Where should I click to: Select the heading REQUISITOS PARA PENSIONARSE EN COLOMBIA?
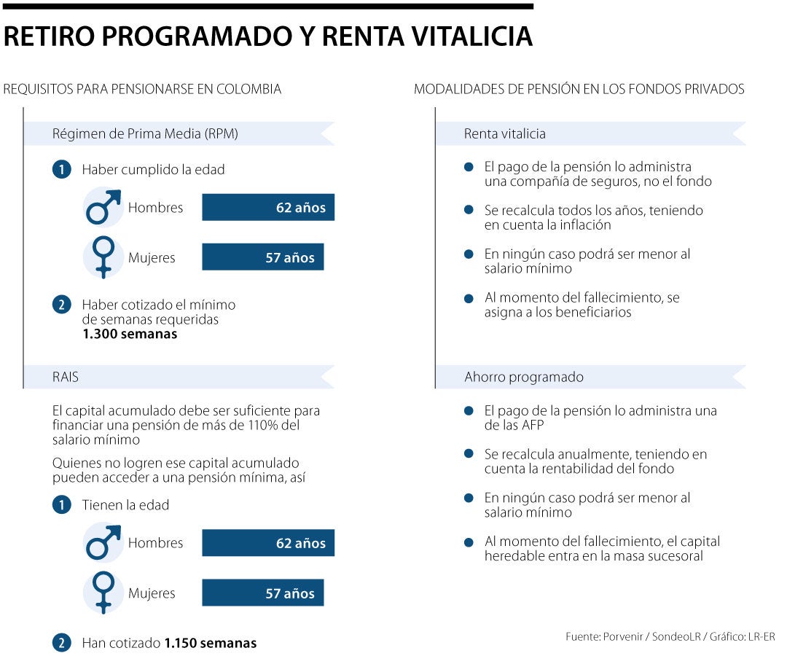[142, 90]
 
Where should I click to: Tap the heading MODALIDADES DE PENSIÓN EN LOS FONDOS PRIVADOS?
[579, 90]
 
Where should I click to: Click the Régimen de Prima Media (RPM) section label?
[145, 134]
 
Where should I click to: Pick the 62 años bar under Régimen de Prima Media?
[267, 208]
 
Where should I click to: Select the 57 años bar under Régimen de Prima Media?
[262, 258]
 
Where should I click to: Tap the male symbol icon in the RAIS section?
[103, 543]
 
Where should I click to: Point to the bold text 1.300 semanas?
[129, 335]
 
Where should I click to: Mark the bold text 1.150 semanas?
[210, 644]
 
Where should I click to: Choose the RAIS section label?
[66, 378]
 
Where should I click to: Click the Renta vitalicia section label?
[504, 134]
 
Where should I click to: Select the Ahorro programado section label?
[524, 378]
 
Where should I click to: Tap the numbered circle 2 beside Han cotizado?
[62, 644]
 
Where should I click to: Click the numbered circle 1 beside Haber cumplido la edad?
[62, 170]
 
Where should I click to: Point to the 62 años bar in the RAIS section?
[267, 544]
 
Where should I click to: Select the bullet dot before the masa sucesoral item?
[469, 542]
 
